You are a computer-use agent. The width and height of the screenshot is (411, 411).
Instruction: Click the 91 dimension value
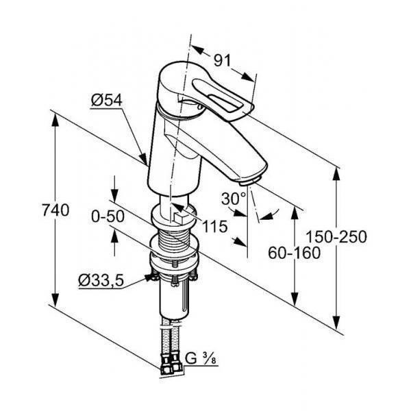pyautogui.click(x=222, y=61)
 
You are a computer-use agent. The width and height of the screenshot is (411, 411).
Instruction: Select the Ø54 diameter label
pyautogui.click(x=107, y=100)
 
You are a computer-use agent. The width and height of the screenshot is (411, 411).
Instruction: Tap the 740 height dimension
pyautogui.click(x=55, y=210)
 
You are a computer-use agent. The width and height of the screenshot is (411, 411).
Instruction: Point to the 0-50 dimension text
pyautogui.click(x=108, y=217)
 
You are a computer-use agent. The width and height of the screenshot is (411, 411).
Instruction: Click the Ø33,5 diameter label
pyautogui.click(x=101, y=281)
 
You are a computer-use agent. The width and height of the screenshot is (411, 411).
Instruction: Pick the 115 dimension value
pyautogui.click(x=215, y=227)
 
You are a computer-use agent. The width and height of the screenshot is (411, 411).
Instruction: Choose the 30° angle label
pyautogui.click(x=234, y=199)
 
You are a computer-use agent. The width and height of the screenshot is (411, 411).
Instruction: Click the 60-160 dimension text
pyautogui.click(x=294, y=253)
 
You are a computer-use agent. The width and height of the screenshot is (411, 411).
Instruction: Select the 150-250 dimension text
pyautogui.click(x=336, y=237)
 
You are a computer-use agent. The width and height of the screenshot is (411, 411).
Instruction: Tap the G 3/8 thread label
pyautogui.click(x=201, y=358)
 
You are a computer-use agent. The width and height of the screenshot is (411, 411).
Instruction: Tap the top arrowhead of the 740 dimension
pyautogui.click(x=55, y=122)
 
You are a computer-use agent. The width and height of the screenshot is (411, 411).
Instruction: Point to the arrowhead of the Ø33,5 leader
pyautogui.click(x=149, y=277)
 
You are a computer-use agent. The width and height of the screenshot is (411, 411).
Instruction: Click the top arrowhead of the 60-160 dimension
pyautogui.click(x=295, y=214)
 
